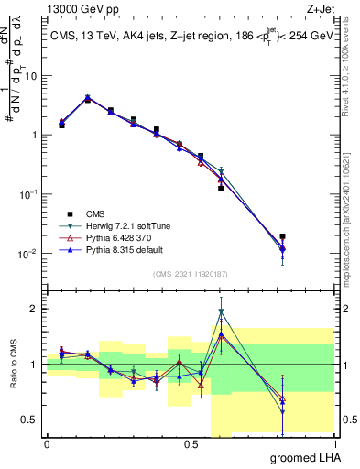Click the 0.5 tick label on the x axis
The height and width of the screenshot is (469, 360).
pos(190,444)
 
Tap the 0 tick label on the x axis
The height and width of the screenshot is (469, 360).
pos(47,444)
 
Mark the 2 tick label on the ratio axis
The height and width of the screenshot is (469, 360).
pos(34,309)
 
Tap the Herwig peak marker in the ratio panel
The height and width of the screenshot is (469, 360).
pos(221,311)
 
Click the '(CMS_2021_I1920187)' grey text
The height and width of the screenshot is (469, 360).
pos(190,273)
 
